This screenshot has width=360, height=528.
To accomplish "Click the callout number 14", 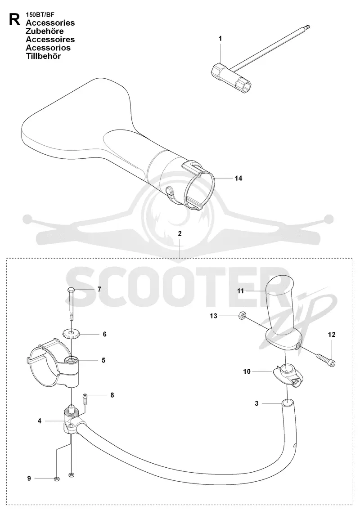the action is click(x=238, y=178).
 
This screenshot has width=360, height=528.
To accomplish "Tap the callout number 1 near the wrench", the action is click(x=220, y=38).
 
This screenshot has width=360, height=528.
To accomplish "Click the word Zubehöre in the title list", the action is click(x=45, y=31).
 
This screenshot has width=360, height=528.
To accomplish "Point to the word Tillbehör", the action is click(x=44, y=56).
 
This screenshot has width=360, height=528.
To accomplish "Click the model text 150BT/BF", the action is click(x=40, y=15).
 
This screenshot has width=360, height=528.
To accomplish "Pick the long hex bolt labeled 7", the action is click(x=71, y=304).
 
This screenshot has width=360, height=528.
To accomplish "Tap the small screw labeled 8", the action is click(x=85, y=400).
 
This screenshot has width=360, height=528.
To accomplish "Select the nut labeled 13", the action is click(x=241, y=315).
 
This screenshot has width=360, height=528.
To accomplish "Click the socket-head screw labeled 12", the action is click(x=326, y=359).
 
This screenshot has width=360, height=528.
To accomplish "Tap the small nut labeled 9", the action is click(x=56, y=479).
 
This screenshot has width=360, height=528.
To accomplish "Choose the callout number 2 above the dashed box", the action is click(x=180, y=233).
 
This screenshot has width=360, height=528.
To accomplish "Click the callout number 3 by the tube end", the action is click(x=256, y=403).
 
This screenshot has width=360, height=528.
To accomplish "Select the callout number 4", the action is click(x=40, y=421).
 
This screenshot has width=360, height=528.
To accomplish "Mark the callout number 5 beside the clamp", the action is click(x=103, y=360).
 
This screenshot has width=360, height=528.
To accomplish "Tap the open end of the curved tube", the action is click(x=287, y=402).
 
